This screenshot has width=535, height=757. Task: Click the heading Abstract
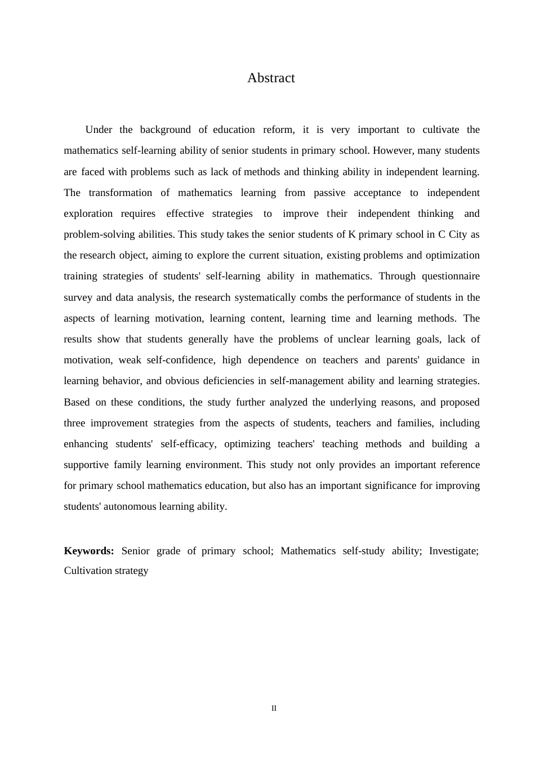pyautogui.click(x=271, y=78)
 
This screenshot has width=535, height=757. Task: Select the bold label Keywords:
pyautogui.click(x=89, y=551)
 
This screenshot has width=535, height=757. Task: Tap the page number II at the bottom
pyautogui.click(x=274, y=709)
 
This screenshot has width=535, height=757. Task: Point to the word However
pyautogui.click(x=393, y=150)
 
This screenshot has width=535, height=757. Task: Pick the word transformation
pyautogui.click(x=120, y=193)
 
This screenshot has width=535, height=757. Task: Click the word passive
pyautogui.click(x=329, y=193)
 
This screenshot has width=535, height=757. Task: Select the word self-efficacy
pyautogui.click(x=188, y=444)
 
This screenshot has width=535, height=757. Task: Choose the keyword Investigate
pyautogui.click(x=453, y=551)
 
